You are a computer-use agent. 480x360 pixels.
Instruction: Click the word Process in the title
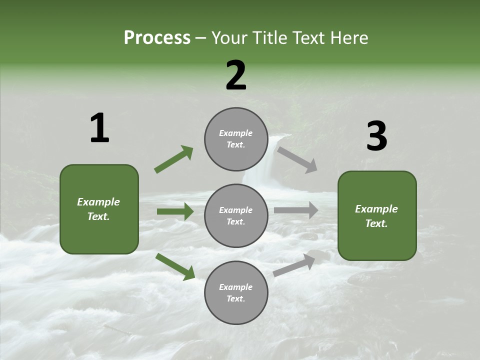[x=157, y=38]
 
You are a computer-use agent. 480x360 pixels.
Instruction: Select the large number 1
[x=99, y=128]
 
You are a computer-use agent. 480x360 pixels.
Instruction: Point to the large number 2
[x=236, y=75]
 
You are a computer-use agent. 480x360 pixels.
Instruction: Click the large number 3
[x=376, y=136]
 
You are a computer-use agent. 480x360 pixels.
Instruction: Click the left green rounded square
[x=99, y=209]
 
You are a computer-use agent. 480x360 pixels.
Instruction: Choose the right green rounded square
[x=377, y=215]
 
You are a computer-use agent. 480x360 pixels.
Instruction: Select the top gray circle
[x=236, y=139]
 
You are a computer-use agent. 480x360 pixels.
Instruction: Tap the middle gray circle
[x=236, y=215]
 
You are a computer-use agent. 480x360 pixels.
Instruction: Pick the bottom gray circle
[x=236, y=292]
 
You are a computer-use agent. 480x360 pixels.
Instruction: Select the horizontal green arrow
[x=175, y=211]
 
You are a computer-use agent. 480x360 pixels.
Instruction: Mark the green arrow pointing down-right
[x=175, y=266]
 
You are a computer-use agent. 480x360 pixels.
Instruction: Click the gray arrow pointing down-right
[x=297, y=159]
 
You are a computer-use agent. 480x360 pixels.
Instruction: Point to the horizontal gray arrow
[x=295, y=210]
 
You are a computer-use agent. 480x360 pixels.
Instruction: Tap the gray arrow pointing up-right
[x=294, y=265]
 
